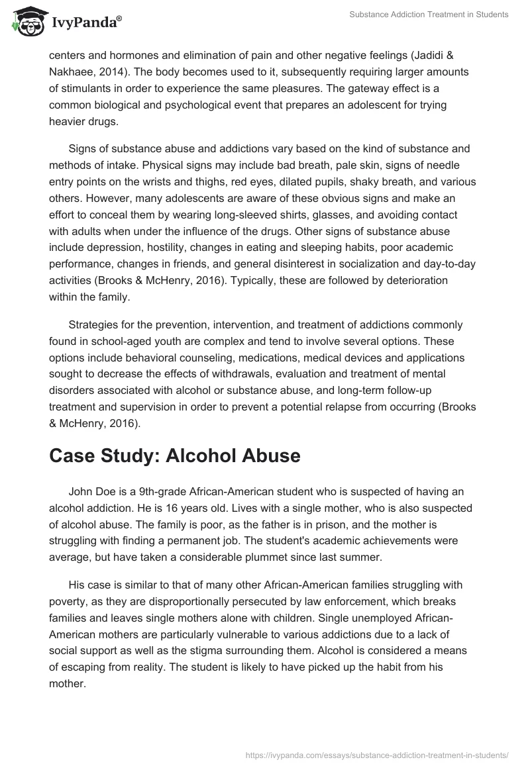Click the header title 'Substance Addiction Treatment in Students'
click(x=429, y=15)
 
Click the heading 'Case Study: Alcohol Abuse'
click(x=174, y=456)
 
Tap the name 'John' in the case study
click(x=81, y=491)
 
